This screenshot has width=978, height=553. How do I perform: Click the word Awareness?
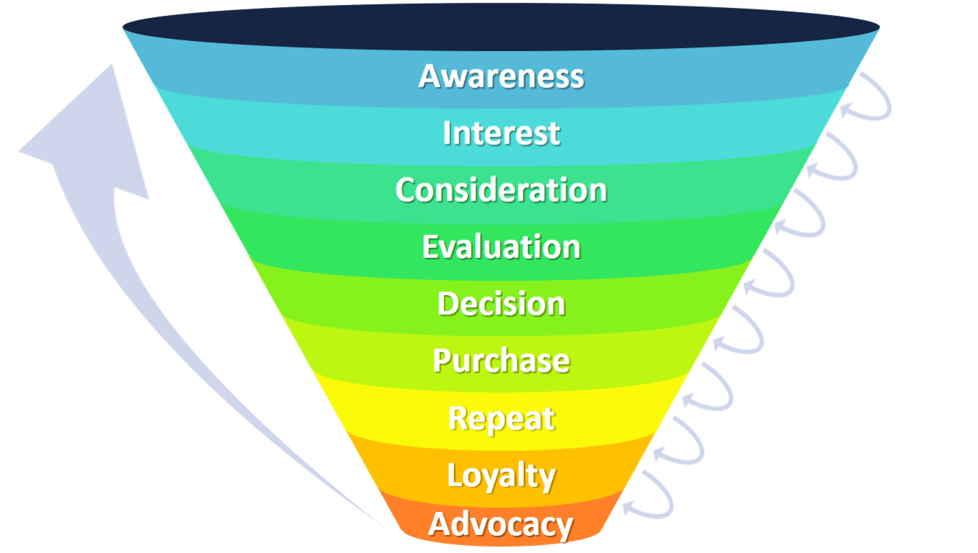click(x=502, y=77)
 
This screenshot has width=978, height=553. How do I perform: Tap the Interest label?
click(x=502, y=133)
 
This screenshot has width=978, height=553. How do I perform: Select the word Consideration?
click(x=502, y=190)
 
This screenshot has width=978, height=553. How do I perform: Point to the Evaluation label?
click(x=502, y=247)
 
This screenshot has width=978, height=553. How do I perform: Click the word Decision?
click(x=502, y=303)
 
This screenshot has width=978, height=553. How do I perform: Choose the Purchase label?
click(x=502, y=361)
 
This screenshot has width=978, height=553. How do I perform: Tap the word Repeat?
click(x=502, y=419)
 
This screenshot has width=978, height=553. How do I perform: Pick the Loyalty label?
click(x=502, y=476)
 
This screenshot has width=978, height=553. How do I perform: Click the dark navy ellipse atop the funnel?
click(x=501, y=27)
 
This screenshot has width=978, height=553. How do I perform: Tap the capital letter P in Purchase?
click(x=442, y=361)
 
